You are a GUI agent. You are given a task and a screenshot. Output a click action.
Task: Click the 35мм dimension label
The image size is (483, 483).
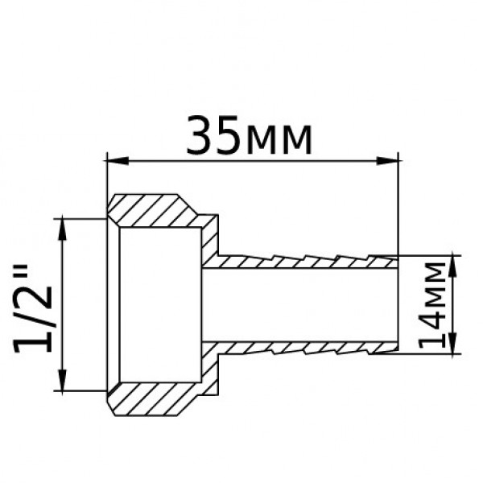[249, 137]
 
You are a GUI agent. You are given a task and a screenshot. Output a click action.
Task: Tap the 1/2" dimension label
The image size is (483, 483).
[37, 303]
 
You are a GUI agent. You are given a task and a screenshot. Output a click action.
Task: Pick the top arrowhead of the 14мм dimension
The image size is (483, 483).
[454, 261]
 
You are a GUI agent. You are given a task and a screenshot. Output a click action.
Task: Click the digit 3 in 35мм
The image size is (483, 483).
[200, 137]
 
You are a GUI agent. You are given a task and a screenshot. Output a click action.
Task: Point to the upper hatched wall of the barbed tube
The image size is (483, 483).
[306, 262]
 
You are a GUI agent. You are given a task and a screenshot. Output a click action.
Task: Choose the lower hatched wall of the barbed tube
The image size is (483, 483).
[306, 347]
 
